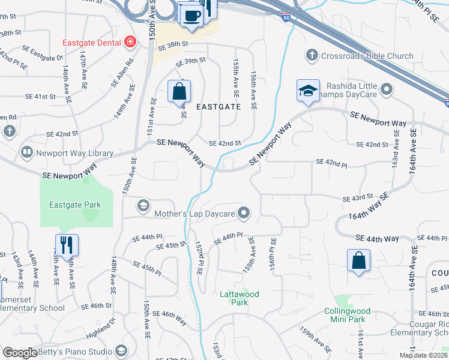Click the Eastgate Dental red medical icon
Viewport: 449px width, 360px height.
pyautogui.click(x=130, y=42)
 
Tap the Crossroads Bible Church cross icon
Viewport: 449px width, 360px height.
pyautogui.click(x=311, y=56)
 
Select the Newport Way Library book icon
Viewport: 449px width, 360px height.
pyautogui.click(x=26, y=153)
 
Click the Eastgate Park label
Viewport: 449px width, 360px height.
pyautogui.click(x=75, y=205)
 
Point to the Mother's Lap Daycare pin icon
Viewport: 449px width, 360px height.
pyautogui.click(x=244, y=212)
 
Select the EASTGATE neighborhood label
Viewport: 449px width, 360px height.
pyautogui.click(x=218, y=107)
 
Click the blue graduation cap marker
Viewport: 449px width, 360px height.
pyautogui.click(x=307, y=92)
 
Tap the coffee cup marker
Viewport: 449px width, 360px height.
pyautogui.click(x=191, y=15)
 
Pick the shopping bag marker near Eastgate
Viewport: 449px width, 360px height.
pyautogui.click(x=179, y=92)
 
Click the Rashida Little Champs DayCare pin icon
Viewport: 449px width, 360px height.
pyautogui.click(x=386, y=90)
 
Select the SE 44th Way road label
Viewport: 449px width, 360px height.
pyautogui.click(x=377, y=239)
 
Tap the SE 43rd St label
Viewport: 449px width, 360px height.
pyautogui.click(x=358, y=199)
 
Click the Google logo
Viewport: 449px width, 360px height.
pyautogui.click(x=20, y=353)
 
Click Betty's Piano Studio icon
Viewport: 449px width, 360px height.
pyautogui.click(x=121, y=351)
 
